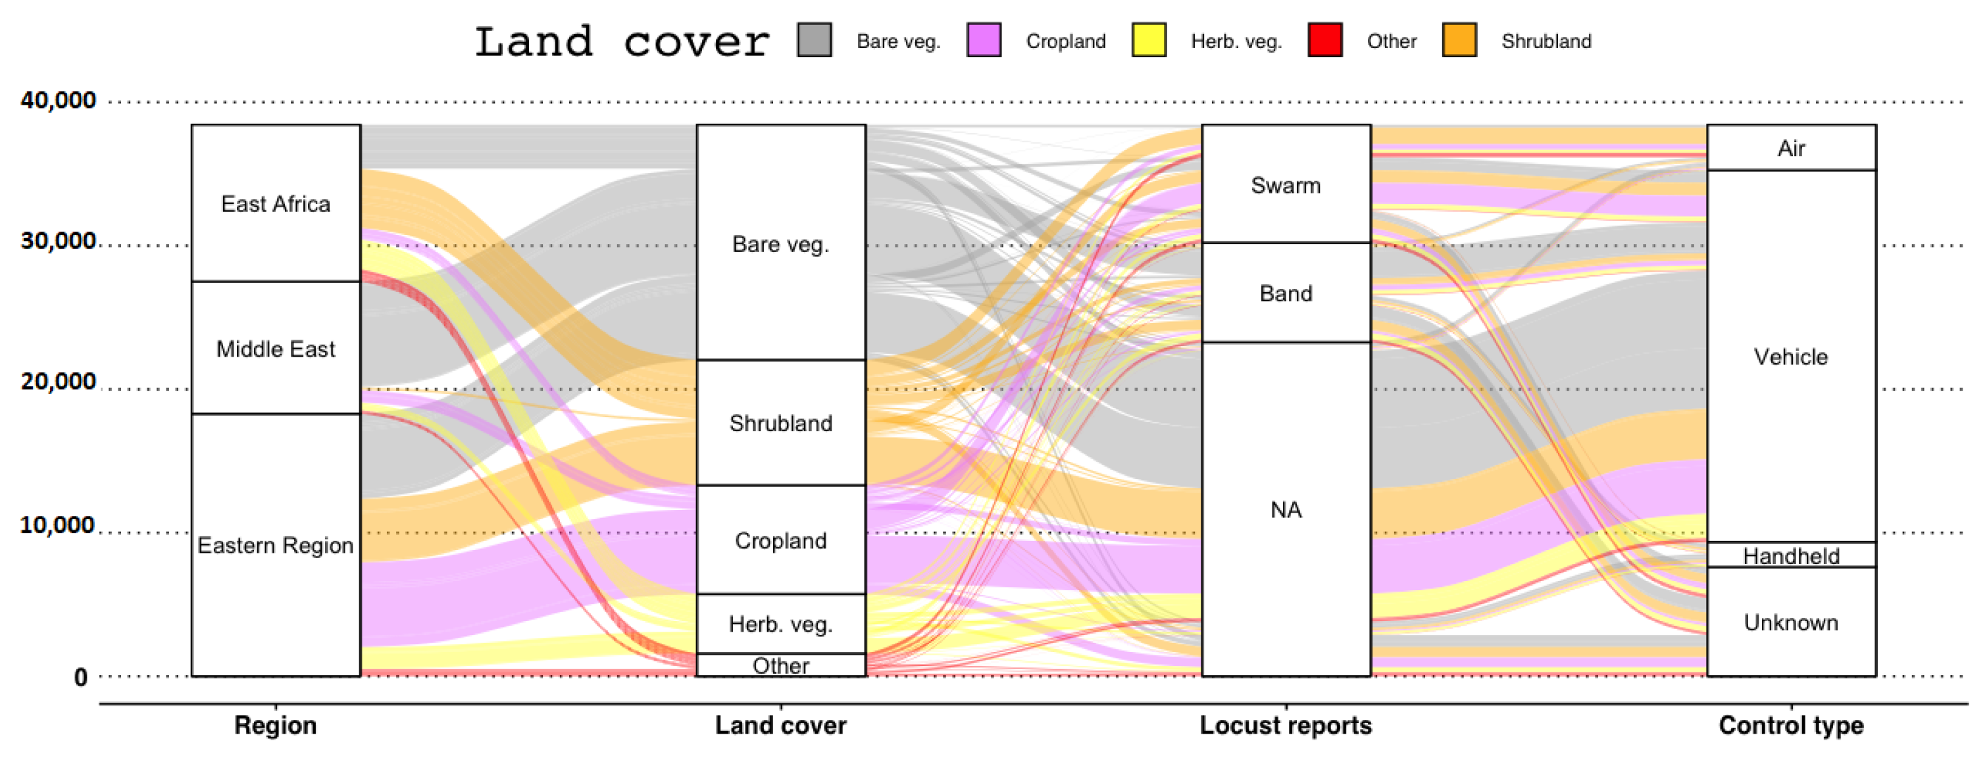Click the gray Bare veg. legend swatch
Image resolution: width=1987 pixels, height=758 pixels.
(814, 40)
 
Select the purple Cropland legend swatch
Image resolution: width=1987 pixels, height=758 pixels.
(984, 40)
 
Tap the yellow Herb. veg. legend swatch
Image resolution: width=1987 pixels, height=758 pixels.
(1149, 40)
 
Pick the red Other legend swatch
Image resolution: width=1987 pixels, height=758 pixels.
(1324, 40)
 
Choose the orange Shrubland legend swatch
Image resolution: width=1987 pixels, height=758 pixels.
(1459, 40)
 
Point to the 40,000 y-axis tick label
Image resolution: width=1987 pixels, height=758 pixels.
(59, 100)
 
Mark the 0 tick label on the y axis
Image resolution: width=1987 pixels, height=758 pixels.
(80, 678)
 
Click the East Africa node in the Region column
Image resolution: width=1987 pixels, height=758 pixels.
(276, 203)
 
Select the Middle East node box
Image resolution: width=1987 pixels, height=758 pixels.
(276, 349)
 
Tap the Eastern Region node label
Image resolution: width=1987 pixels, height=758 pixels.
(276, 545)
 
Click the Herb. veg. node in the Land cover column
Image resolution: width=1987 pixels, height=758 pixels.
(780, 624)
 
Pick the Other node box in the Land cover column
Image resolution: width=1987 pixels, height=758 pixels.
(780, 665)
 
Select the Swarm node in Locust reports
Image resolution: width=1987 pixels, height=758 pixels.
(1286, 185)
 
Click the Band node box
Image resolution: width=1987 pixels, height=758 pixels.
(1286, 293)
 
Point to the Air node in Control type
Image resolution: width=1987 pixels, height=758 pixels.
(1791, 148)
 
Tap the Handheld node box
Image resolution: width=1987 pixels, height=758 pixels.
(1791, 555)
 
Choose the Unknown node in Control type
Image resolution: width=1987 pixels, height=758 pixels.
(1791, 622)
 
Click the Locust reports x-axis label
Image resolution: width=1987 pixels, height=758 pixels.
(1286, 726)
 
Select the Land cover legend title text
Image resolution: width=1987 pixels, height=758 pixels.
(622, 41)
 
